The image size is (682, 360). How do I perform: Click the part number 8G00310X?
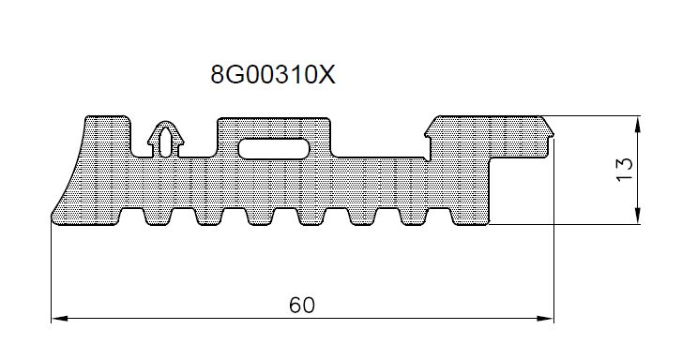point(273,75)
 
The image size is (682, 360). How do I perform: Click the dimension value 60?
point(302,305)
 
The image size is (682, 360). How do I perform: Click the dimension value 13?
point(625,169)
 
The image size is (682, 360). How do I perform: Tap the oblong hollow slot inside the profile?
point(274,149)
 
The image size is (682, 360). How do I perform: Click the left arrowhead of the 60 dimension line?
point(60,318)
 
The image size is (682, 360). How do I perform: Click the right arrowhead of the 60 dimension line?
point(545,318)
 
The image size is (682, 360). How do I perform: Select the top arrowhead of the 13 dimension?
point(637,125)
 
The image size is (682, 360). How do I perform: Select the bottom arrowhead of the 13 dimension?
point(637,216)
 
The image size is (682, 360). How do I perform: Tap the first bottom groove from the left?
point(131,216)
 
